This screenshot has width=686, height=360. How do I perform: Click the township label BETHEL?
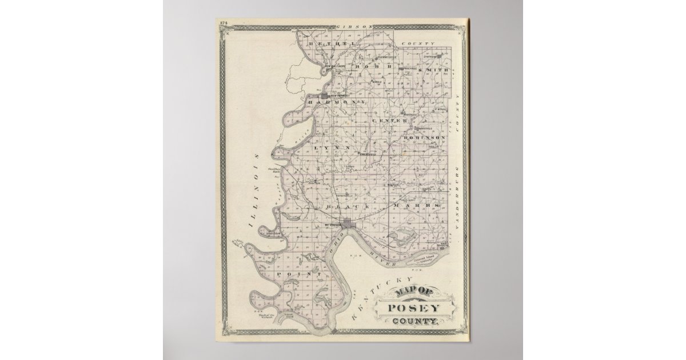tap(324, 43)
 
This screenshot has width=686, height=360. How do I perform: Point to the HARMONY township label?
tap(337, 102)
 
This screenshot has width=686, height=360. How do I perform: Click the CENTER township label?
tap(390, 121)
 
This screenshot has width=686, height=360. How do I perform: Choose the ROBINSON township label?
tap(424, 138)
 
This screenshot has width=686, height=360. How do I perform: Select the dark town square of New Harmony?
tap(324, 95)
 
